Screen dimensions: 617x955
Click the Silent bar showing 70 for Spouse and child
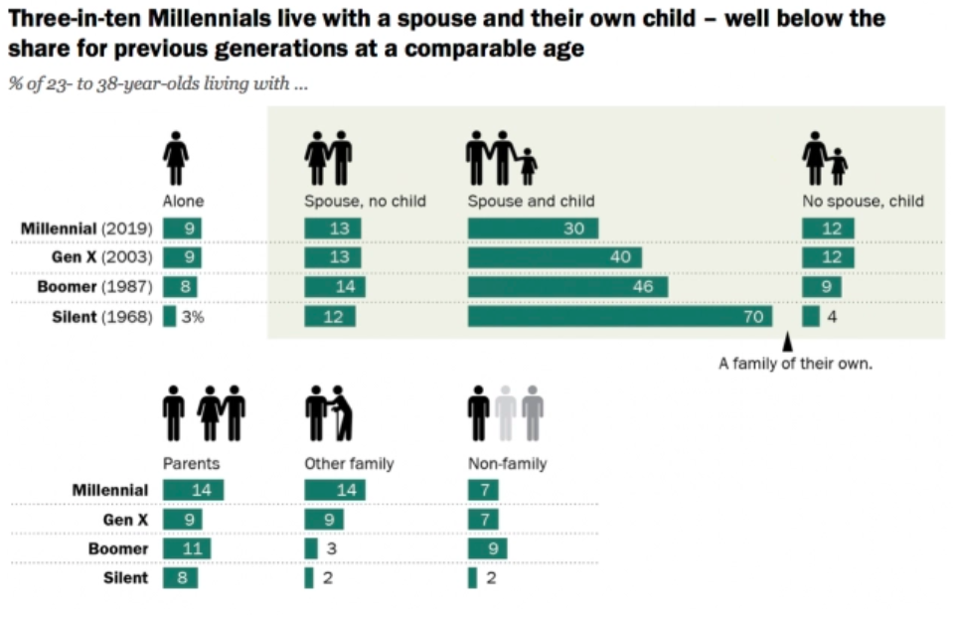click(619, 317)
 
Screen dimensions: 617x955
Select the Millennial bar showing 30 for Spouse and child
click(533, 229)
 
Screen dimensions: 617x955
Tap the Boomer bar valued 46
click(567, 287)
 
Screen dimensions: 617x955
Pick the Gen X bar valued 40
click(555, 258)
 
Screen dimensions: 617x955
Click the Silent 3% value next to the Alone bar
click(192, 317)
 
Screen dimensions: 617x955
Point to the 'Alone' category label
click(183, 201)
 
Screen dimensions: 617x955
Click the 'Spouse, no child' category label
click(365, 201)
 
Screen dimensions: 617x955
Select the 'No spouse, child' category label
click(863, 201)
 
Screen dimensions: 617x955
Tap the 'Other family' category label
click(349, 463)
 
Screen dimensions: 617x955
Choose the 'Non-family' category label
click(507, 463)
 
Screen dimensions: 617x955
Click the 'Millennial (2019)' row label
click(86, 229)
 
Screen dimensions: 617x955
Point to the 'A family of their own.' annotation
click(795, 364)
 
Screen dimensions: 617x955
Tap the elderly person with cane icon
click(340, 413)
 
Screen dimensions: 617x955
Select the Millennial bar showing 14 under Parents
click(194, 490)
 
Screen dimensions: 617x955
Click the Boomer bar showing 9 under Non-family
click(487, 548)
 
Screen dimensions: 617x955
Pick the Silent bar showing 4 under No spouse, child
click(811, 317)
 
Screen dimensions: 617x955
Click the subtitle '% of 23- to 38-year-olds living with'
click(159, 83)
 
